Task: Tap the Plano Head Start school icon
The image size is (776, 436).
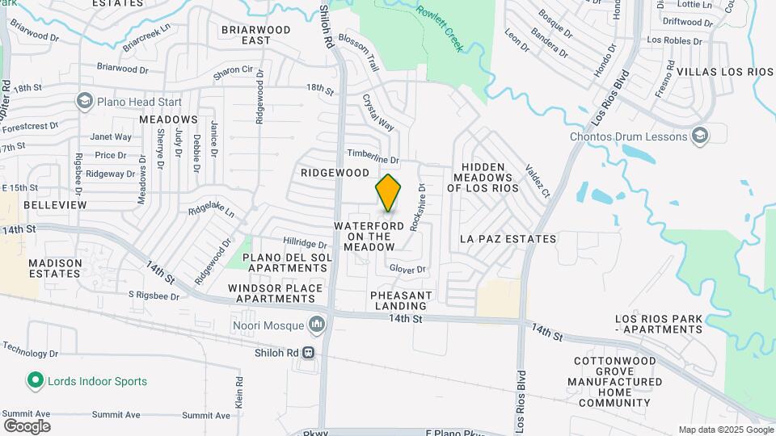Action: coord(84,102)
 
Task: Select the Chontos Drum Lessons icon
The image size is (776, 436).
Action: coord(700,136)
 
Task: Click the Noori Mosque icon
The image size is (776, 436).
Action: coord(316,325)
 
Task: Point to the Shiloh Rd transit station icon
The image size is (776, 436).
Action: coord(308,353)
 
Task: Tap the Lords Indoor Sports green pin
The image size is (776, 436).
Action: coord(34,380)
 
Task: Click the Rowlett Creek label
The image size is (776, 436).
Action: coord(440,29)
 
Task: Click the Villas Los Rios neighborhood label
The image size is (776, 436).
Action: coord(725,72)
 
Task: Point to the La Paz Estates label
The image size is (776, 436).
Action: coord(508,239)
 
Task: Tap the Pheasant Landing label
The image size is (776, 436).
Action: coord(401,300)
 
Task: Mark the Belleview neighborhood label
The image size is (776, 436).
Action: coord(55,205)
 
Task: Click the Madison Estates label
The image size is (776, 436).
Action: coord(55,268)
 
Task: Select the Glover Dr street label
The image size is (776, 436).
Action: coord(407,269)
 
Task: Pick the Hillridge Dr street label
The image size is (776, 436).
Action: coord(305,243)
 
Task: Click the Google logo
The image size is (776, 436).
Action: coord(27,426)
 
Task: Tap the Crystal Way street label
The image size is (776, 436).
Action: coord(377,114)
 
